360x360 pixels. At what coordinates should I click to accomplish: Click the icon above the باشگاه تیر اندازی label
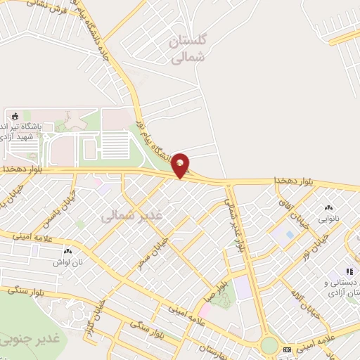[x=16, y=115]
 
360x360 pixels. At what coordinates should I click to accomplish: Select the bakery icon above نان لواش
[x=68, y=250]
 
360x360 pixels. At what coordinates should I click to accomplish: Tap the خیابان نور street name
[x=316, y=243]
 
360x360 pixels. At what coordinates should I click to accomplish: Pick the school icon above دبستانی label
[x=348, y=271]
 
